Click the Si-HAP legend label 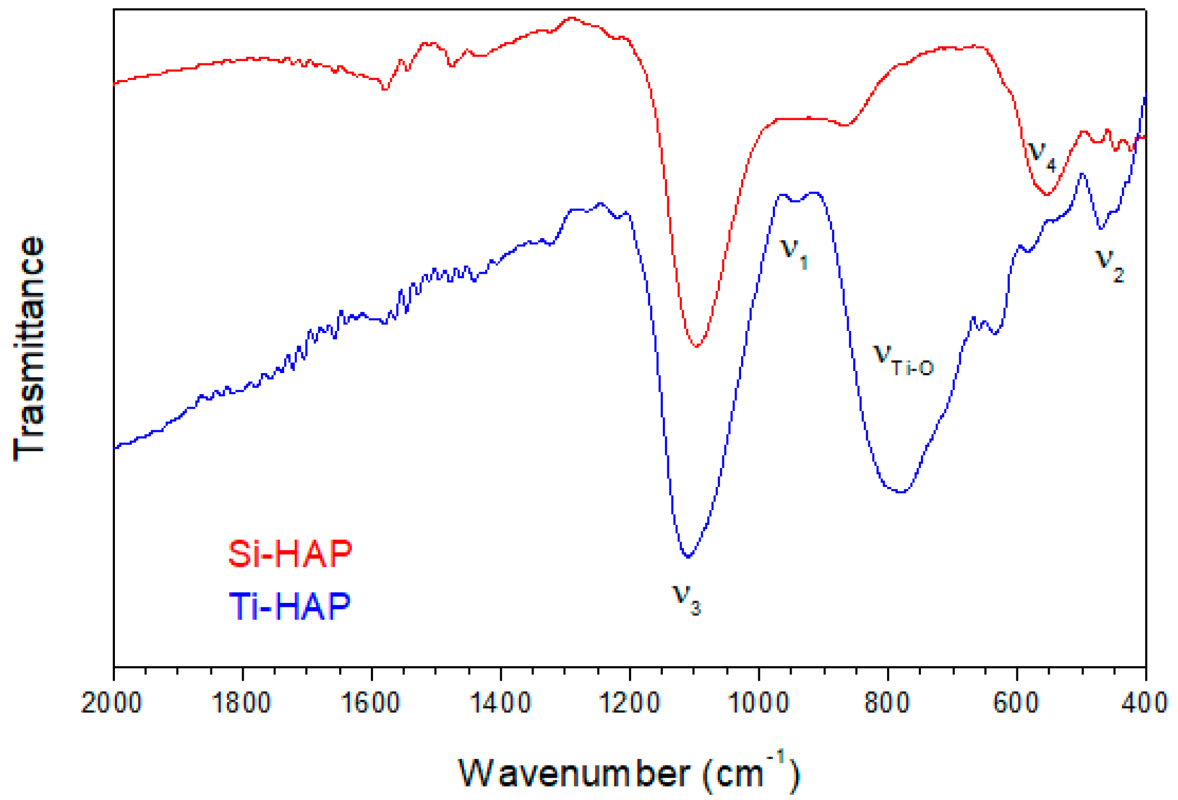(290, 554)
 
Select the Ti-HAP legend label (290, 605)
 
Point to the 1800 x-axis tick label (241, 703)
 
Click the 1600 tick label (370, 703)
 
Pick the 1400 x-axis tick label (500, 703)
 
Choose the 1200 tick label (629, 703)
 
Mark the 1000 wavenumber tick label (758, 703)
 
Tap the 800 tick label (887, 703)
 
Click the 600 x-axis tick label (1016, 703)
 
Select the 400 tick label (1145, 703)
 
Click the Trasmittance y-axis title (29, 348)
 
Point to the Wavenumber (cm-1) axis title (628, 773)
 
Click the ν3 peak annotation (687, 600)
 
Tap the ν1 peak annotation (794, 253)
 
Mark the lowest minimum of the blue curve (688, 556)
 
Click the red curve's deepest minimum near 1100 (697, 346)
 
